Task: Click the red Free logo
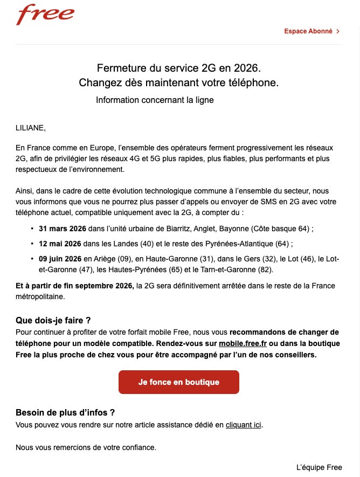(45, 15)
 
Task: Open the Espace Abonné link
(308, 31)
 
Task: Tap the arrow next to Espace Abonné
(338, 31)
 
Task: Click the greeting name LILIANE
(31, 128)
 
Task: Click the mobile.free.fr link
(243, 343)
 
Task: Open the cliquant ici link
(243, 425)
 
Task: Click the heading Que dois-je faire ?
(53, 321)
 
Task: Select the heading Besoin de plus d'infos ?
(65, 413)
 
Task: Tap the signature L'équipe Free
(319, 467)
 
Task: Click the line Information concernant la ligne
(155, 100)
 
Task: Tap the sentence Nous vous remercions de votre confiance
(86, 447)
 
